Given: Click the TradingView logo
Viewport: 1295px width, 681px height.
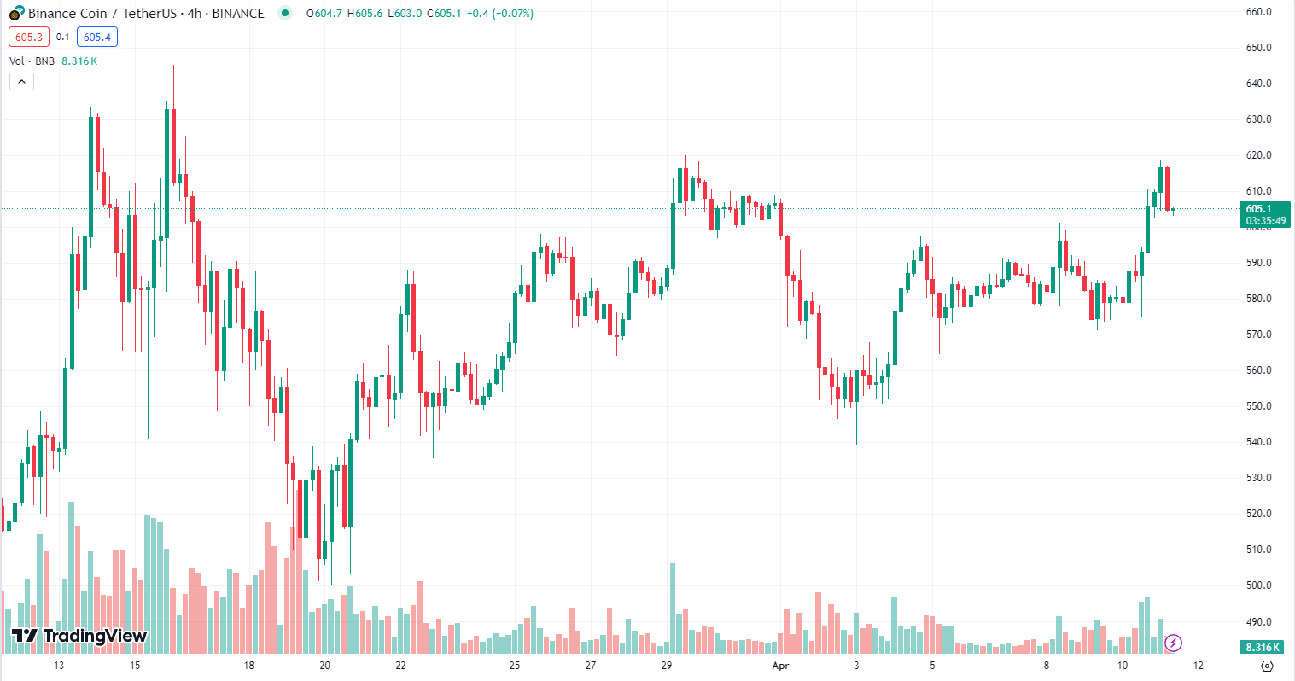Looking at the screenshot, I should click(x=79, y=636).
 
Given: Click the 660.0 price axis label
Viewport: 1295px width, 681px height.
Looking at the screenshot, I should click(x=1258, y=12).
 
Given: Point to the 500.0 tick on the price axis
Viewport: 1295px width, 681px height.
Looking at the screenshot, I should click(x=1258, y=585).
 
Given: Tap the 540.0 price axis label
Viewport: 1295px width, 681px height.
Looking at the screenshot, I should click(x=1258, y=442).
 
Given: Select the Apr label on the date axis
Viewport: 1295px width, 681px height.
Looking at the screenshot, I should click(x=780, y=666).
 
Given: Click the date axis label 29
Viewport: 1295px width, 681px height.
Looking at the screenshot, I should click(x=667, y=666).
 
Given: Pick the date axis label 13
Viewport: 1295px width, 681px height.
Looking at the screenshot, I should click(x=59, y=666).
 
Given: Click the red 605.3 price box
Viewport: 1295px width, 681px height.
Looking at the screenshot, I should click(x=29, y=37).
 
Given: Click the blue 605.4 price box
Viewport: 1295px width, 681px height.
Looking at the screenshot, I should click(x=97, y=37).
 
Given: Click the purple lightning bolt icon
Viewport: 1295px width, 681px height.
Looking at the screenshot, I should click(x=1174, y=643).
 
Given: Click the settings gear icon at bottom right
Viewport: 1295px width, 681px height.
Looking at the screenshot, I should click(x=1267, y=666).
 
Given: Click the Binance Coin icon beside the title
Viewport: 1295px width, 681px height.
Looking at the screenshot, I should click(x=16, y=13).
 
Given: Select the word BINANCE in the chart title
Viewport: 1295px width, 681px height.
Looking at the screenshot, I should click(x=238, y=13).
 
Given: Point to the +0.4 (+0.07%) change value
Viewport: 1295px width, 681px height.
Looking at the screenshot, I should click(x=500, y=13).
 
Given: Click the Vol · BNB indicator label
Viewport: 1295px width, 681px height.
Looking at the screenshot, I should click(x=32, y=61).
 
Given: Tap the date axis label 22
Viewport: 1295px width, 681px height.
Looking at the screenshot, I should click(x=400, y=666).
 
